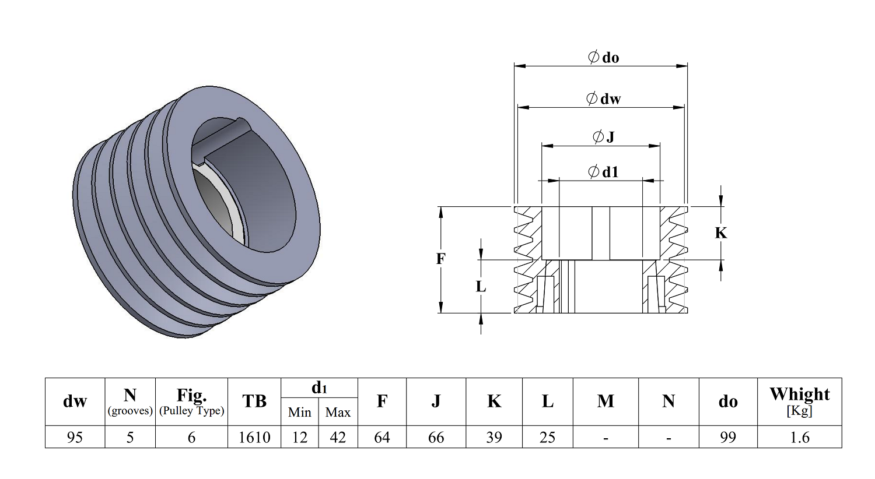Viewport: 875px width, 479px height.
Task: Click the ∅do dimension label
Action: pos(603,57)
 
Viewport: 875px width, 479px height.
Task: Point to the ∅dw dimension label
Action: pos(603,98)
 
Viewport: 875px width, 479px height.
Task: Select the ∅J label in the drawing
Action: pos(603,137)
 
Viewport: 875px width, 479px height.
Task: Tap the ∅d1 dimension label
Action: pos(603,172)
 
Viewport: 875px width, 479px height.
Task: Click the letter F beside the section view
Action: pos(441,258)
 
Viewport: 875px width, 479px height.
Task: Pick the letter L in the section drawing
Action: pos(481,287)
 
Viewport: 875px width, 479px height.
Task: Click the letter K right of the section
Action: pos(721,233)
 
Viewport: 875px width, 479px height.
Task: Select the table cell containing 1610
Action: pos(254,437)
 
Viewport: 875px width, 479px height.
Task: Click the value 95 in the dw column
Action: pos(75,437)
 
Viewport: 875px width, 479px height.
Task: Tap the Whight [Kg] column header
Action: pos(799,401)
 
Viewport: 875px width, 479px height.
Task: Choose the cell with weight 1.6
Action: pos(799,437)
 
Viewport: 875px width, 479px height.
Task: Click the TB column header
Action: pos(254,401)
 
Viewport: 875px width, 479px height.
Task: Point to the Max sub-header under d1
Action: pos(338,413)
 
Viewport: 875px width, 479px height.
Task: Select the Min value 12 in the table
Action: pos(300,437)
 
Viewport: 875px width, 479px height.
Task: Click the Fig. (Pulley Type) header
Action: pos(191,401)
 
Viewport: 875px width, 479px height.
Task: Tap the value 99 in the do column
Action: pos(727,437)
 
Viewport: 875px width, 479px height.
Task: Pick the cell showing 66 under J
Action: pos(436,437)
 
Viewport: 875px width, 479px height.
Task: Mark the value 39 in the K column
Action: pos(494,437)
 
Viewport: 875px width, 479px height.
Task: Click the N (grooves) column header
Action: pos(130,401)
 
